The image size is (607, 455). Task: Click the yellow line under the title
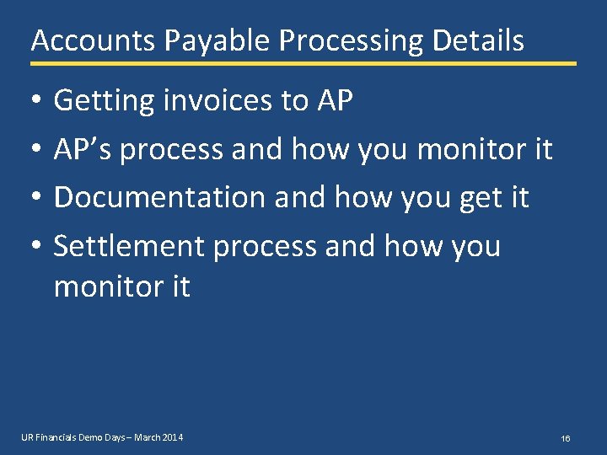click(303, 63)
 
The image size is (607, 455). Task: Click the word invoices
click(214, 101)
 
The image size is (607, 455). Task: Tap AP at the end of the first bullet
click(336, 101)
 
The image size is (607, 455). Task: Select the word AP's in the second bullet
click(85, 150)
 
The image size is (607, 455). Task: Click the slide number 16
click(566, 439)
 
